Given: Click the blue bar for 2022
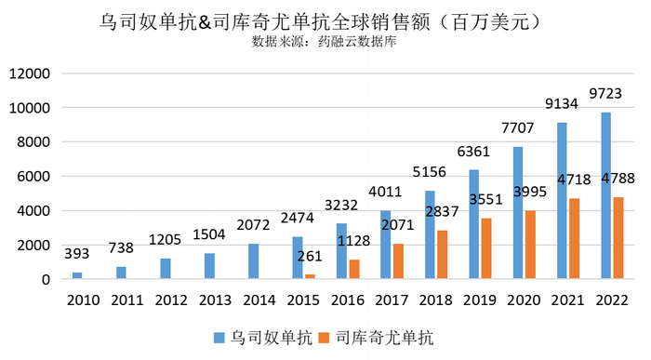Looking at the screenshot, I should tap(606, 195).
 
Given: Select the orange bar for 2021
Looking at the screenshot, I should tap(574, 238).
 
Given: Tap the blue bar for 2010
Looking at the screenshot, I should tap(77, 275).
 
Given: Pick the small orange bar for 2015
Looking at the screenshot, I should tap(310, 276).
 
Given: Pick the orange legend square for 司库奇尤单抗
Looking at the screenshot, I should tap(325, 336).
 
